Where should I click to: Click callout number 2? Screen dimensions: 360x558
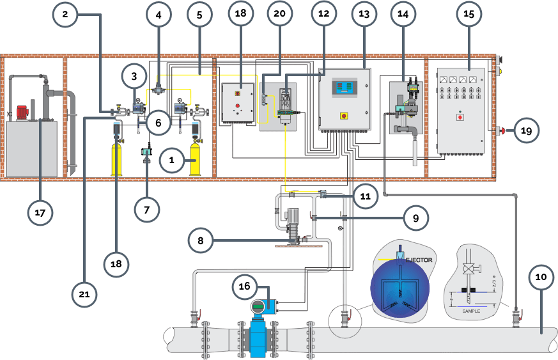(65, 14)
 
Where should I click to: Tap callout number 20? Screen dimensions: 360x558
(279, 14)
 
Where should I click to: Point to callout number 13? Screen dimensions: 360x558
(364, 14)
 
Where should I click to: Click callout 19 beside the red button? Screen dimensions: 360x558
(525, 131)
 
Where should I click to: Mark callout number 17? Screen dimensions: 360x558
(40, 213)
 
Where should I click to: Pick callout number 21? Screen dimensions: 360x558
(84, 293)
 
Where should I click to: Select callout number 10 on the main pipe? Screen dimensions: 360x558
(541, 277)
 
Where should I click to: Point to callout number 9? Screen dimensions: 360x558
(415, 218)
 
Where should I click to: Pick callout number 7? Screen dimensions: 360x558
(147, 209)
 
